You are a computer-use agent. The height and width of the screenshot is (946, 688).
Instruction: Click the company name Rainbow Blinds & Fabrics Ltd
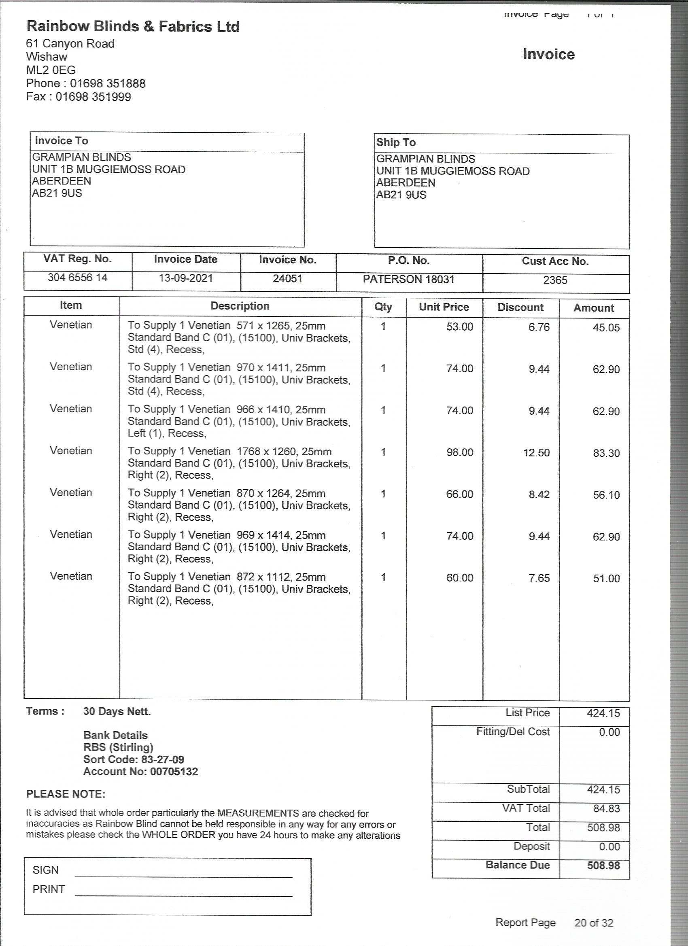(133, 27)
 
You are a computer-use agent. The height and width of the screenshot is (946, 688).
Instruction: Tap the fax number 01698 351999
(93, 97)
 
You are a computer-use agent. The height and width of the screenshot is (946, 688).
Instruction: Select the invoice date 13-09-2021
(186, 278)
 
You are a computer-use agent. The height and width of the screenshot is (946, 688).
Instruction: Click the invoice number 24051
(287, 279)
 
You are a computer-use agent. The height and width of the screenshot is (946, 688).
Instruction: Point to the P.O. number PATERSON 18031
(408, 279)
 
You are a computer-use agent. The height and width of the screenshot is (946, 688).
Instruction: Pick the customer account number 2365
(555, 280)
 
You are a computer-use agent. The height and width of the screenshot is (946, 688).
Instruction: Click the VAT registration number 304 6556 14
(78, 278)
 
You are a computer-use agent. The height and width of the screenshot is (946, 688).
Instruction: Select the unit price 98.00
(459, 452)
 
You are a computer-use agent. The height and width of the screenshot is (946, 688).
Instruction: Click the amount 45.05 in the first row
(606, 328)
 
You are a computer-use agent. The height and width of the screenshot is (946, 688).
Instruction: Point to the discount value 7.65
(539, 578)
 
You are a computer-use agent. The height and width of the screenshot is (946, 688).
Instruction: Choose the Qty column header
(383, 307)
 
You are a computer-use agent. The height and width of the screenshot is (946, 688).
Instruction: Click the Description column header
(240, 306)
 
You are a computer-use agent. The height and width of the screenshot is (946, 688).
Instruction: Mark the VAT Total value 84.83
(606, 809)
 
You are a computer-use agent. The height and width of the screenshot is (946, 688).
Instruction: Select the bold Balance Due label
(517, 865)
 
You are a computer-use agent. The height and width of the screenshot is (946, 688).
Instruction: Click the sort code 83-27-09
(160, 759)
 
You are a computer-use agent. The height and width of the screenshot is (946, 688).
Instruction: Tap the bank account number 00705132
(174, 772)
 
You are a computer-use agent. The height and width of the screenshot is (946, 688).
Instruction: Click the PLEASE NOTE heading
(66, 794)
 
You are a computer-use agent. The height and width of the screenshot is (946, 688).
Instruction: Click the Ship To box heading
(396, 143)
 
